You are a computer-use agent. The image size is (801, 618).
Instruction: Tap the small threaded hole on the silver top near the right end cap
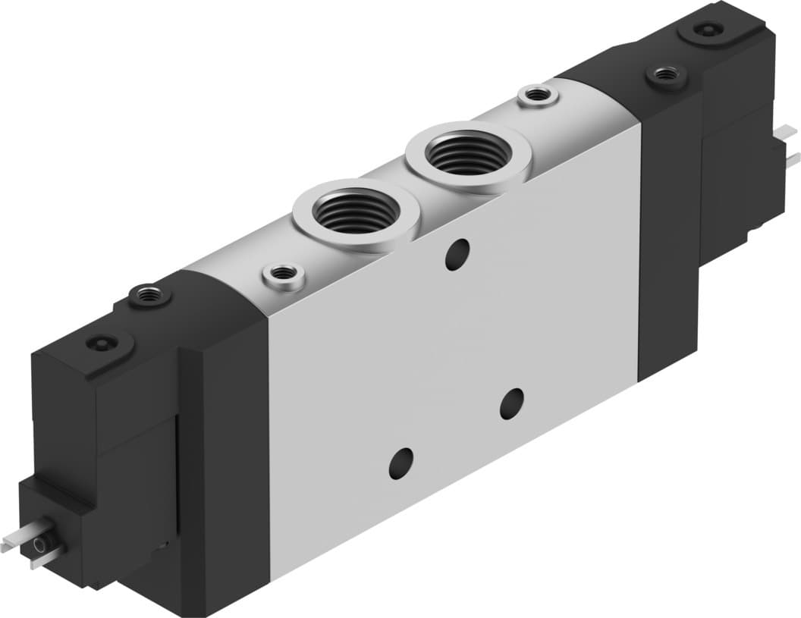(x=538, y=95)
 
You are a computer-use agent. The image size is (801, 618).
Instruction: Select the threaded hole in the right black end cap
(x=666, y=74)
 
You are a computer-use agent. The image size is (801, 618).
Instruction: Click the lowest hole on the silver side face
(x=400, y=463)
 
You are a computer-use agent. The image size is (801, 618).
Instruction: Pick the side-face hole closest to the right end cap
(x=513, y=403)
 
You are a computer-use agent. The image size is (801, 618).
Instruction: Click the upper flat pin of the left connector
(x=19, y=534)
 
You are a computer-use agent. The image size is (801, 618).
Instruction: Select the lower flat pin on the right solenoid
(x=793, y=158)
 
